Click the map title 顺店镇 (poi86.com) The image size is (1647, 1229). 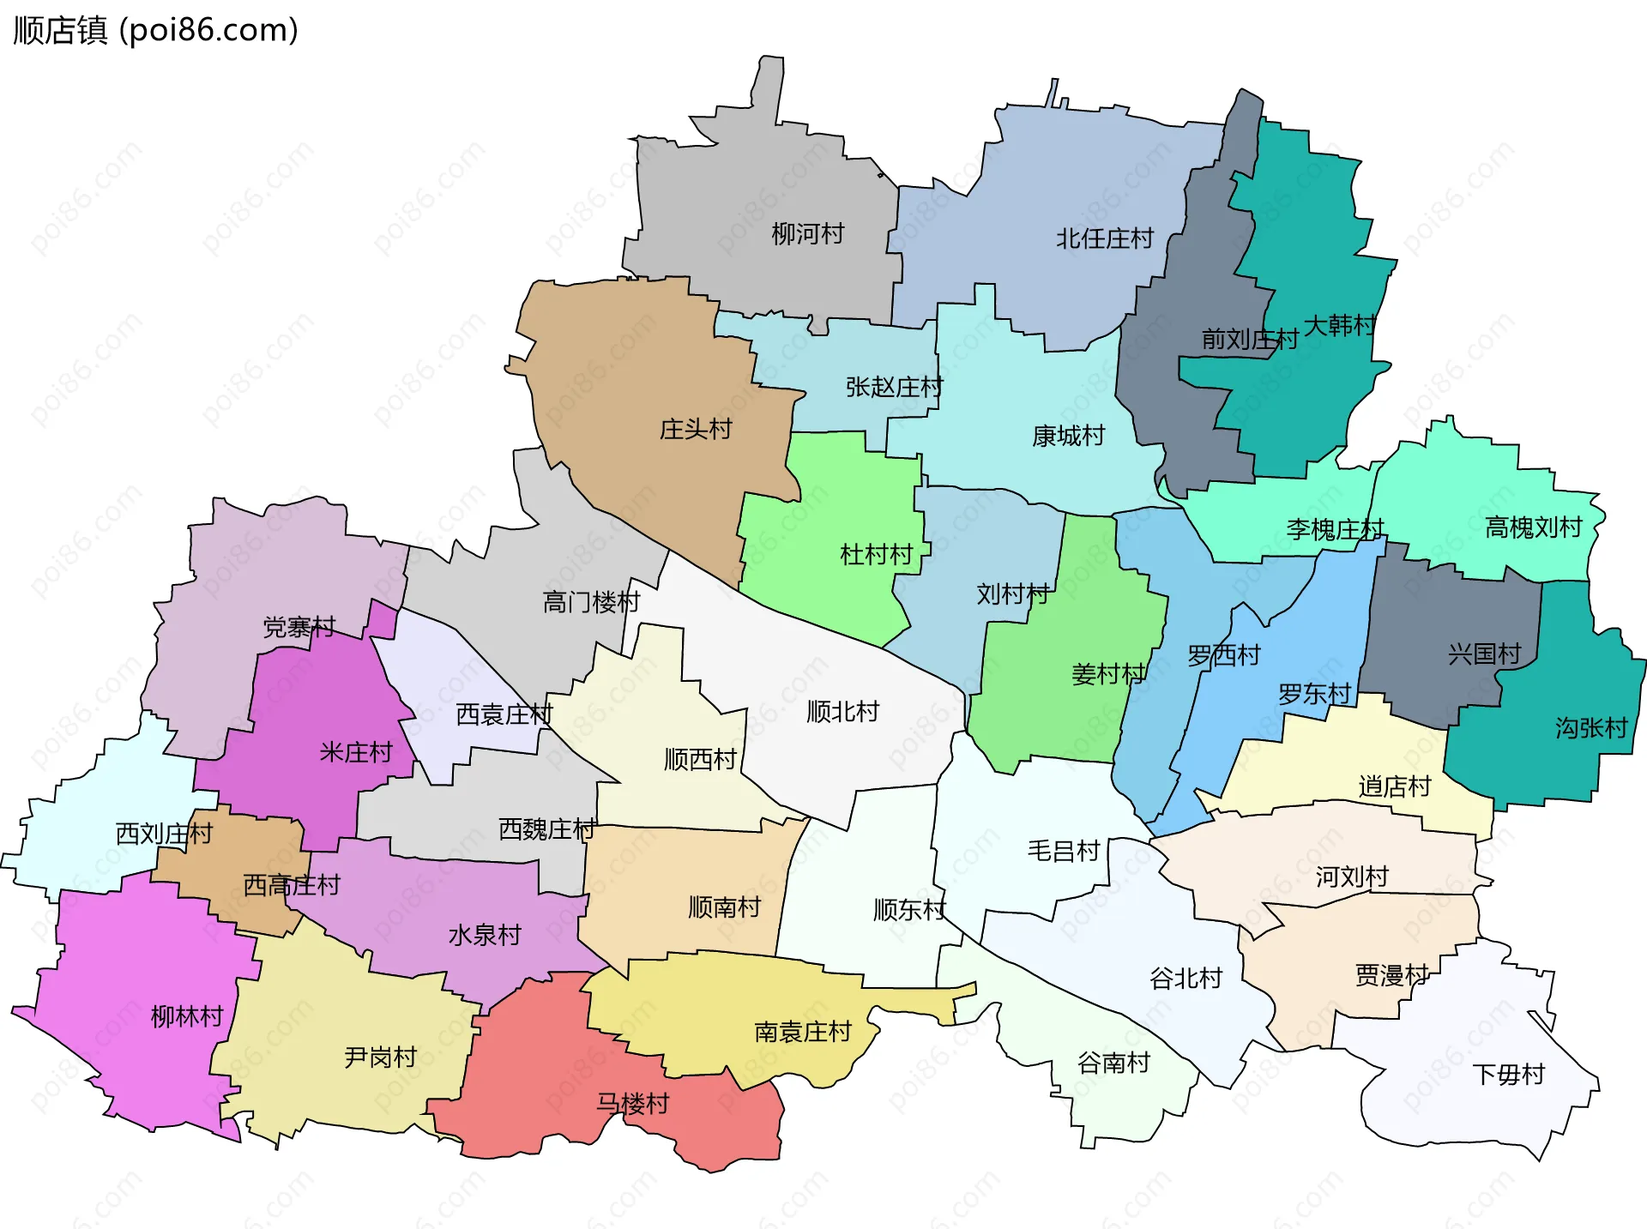155,30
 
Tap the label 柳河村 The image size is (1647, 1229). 807,233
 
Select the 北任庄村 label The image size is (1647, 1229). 1105,238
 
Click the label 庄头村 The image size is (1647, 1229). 696,429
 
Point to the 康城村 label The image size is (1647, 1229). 1069,436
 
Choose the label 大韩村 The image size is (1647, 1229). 1339,325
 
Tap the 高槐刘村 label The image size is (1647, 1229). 1534,527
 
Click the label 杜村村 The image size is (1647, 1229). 876,554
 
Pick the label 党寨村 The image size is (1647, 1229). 299,627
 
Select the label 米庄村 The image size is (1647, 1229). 356,752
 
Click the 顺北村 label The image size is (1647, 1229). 843,711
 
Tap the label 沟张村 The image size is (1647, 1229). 1591,728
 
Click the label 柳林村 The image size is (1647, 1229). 187,1016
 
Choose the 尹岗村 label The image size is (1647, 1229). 380,1057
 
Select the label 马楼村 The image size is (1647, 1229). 633,1103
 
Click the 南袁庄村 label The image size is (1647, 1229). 803,1031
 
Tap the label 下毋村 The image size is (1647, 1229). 1509,1074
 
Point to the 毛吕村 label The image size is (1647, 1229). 1064,851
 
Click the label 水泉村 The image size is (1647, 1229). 485,935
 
